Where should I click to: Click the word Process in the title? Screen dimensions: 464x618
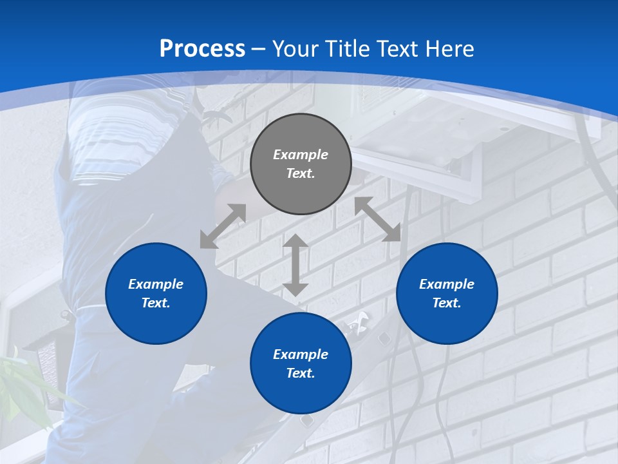(x=202, y=49)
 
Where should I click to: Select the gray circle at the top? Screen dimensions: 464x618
(x=301, y=164)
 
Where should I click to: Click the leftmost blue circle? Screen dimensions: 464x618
(x=156, y=293)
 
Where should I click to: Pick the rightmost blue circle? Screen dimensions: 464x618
(x=447, y=293)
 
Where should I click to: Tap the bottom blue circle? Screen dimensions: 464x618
(x=301, y=363)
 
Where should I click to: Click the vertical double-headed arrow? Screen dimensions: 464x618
(x=295, y=265)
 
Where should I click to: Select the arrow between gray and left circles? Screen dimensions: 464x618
(x=223, y=226)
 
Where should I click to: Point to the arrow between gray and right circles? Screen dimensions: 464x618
(x=377, y=219)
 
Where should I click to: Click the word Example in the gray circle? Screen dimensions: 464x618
(x=301, y=155)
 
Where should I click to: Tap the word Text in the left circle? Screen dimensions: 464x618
(x=156, y=303)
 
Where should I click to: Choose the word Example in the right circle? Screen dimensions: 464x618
(x=447, y=284)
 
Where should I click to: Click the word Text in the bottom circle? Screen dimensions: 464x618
(x=301, y=373)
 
